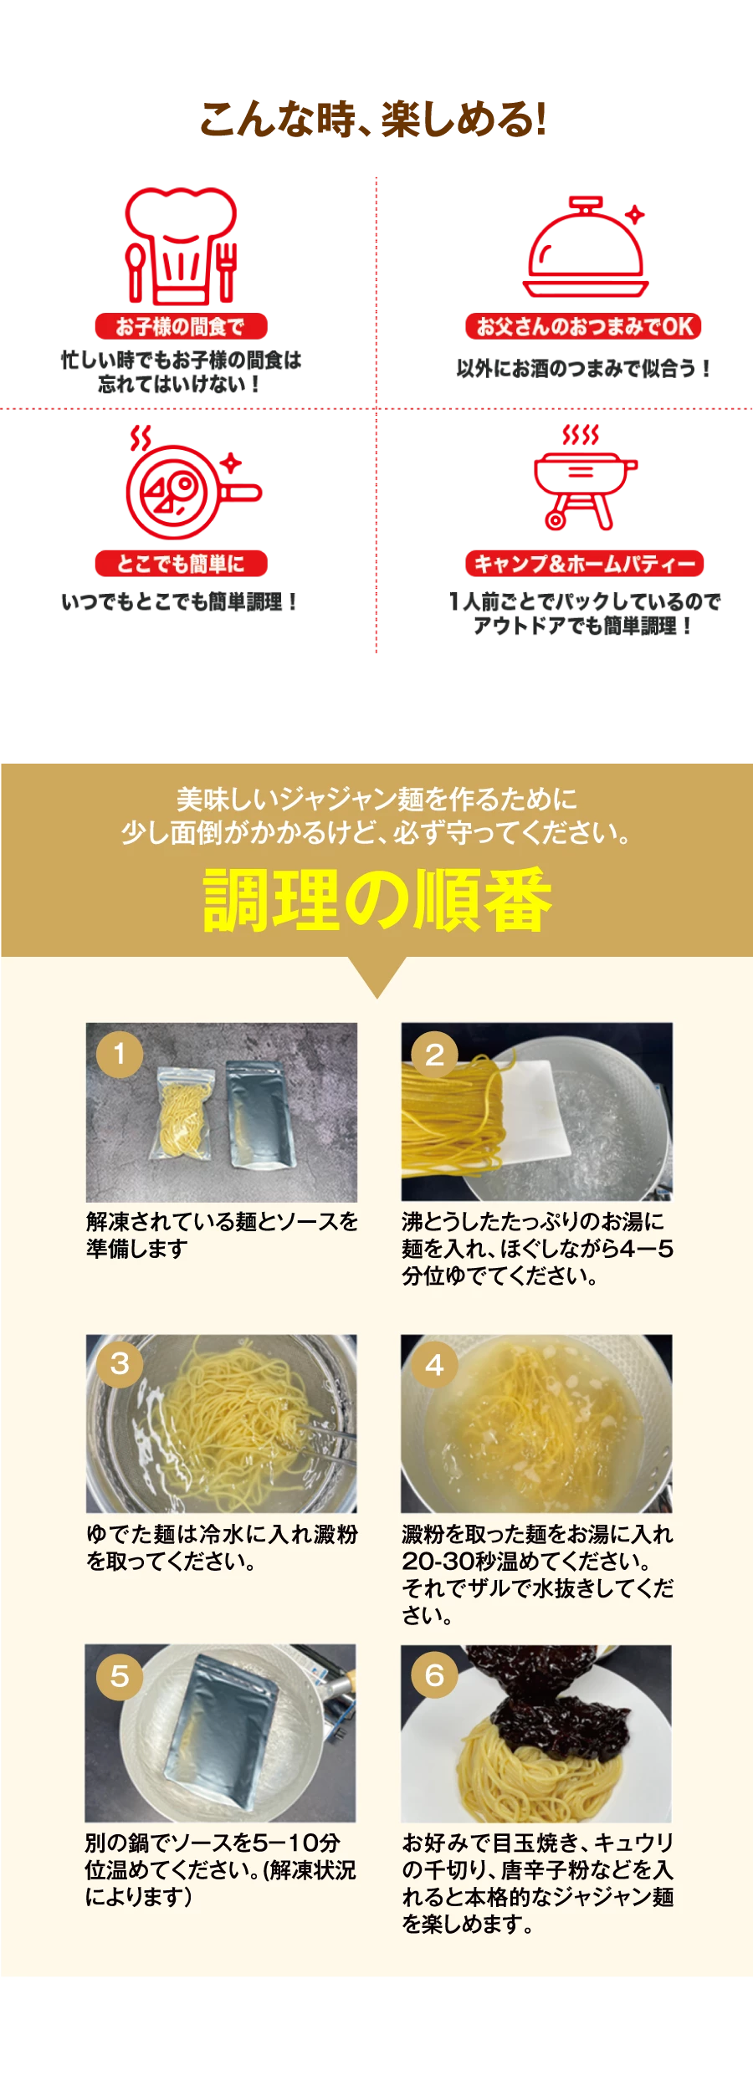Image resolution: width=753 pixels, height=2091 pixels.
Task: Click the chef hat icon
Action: [x=181, y=244]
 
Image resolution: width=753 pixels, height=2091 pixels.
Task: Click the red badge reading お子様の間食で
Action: [x=181, y=326]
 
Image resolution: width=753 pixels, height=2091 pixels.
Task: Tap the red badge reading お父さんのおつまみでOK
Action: [x=583, y=326]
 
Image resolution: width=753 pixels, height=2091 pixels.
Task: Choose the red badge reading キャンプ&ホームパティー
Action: [x=584, y=564]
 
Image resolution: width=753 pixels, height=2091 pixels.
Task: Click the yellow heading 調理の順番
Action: [x=376, y=901]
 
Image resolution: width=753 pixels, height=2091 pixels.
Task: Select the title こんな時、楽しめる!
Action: [x=373, y=119]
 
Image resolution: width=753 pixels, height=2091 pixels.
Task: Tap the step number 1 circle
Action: [x=120, y=1054]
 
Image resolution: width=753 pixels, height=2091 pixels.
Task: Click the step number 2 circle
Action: [x=434, y=1054]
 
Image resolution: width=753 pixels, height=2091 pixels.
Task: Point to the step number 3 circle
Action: [x=120, y=1364]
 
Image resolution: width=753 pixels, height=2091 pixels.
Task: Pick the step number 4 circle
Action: [x=434, y=1364]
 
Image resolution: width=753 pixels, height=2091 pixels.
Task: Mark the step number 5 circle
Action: [x=120, y=1675]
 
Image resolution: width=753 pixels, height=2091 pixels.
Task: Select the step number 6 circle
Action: [x=434, y=1675]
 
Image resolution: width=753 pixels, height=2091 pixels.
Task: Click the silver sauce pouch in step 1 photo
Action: [x=260, y=1114]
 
